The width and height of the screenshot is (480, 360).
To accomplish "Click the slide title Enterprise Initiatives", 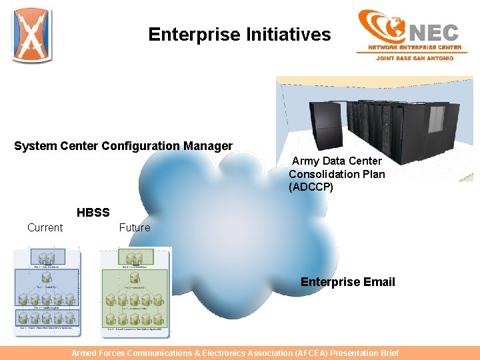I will pyautogui.click(x=239, y=35).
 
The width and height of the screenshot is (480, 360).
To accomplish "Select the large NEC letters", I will pyautogui.click(x=433, y=31).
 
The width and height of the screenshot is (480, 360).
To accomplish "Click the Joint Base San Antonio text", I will pyautogui.click(x=415, y=58).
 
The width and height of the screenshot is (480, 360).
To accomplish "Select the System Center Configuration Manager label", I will pyautogui.click(x=123, y=146).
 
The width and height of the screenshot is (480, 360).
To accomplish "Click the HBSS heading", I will pyautogui.click(x=93, y=213).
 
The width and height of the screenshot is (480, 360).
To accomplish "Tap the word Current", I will pyautogui.click(x=45, y=228).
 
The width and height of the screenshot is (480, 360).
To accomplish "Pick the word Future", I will pyautogui.click(x=135, y=228).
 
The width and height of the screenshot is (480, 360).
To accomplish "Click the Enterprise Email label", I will pyautogui.click(x=347, y=282).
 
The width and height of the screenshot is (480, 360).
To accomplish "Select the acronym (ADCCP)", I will pyautogui.click(x=311, y=187).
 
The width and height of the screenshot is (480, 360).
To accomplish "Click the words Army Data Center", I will pyautogui.click(x=337, y=161).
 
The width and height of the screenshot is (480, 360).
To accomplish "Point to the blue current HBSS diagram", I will pyautogui.click(x=47, y=292).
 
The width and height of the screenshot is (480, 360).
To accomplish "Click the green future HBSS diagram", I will pyautogui.click(x=135, y=292).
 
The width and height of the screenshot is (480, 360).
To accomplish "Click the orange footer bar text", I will pyautogui.click(x=235, y=353).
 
